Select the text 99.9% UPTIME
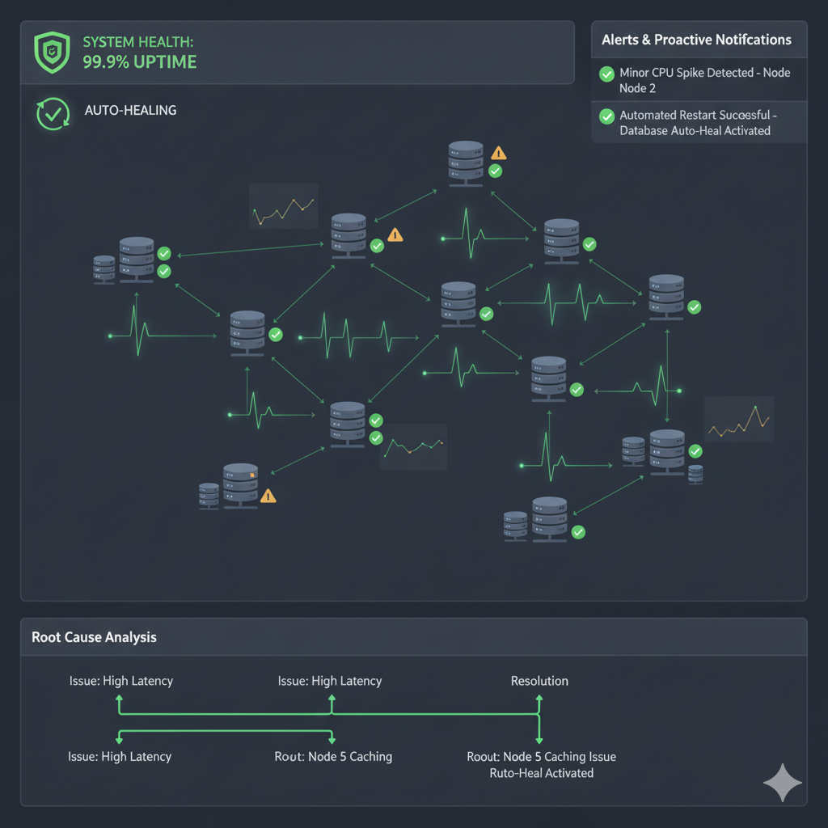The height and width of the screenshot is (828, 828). tap(139, 62)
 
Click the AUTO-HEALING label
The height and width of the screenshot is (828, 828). tap(130, 110)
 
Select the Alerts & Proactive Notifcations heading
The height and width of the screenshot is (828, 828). tap(696, 40)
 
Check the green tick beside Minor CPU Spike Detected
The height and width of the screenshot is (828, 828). tap(606, 74)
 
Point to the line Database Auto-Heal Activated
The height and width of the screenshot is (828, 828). tap(695, 130)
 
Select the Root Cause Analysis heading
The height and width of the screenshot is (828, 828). tap(94, 637)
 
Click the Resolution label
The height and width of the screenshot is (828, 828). tap(539, 681)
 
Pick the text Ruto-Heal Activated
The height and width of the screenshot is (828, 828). tap(541, 773)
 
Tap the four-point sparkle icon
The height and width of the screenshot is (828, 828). tap(782, 783)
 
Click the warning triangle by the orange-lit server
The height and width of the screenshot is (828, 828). tap(268, 496)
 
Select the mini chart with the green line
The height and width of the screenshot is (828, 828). tap(413, 446)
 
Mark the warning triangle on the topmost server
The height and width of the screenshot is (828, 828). tap(498, 152)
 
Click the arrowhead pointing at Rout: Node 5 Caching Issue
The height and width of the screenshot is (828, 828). tap(539, 738)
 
